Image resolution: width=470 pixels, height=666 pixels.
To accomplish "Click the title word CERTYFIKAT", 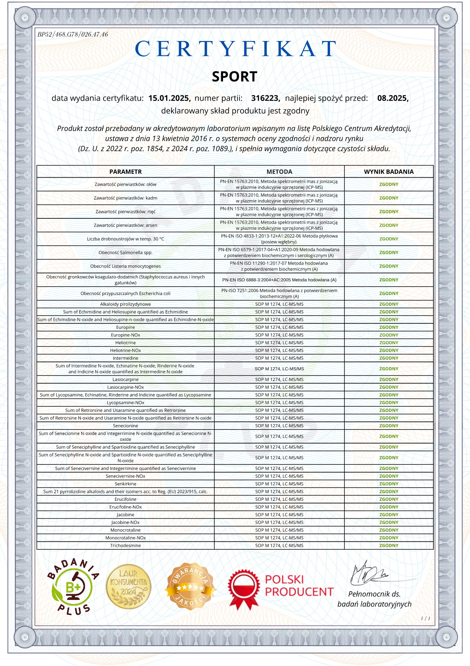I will point(235,49).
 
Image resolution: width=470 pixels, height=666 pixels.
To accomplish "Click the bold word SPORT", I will point(234,77).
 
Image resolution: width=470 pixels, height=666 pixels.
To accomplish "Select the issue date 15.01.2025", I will point(169,98).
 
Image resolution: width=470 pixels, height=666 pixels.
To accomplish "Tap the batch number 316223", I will point(265,98).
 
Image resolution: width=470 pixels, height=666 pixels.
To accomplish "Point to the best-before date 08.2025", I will point(393,98).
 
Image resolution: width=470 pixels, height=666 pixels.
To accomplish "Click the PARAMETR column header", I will point(126,172).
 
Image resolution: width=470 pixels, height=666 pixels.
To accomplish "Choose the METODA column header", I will point(279,172).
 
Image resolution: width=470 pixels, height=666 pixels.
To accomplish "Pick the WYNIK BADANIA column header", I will point(389,172).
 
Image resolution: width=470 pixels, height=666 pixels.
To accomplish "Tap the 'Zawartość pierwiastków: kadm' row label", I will point(126,198).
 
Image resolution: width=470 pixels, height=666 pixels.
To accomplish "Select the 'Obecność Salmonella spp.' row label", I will point(126,253).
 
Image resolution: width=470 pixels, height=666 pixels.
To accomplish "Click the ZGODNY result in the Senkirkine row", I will point(389,484).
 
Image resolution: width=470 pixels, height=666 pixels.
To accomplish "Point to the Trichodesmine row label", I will point(126,546).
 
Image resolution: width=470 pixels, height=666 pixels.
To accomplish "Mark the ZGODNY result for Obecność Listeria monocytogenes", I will point(389,266).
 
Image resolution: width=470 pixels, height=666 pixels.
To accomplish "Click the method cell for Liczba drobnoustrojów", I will point(279,239).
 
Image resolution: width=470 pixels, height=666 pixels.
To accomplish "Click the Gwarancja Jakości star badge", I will point(190,586).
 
